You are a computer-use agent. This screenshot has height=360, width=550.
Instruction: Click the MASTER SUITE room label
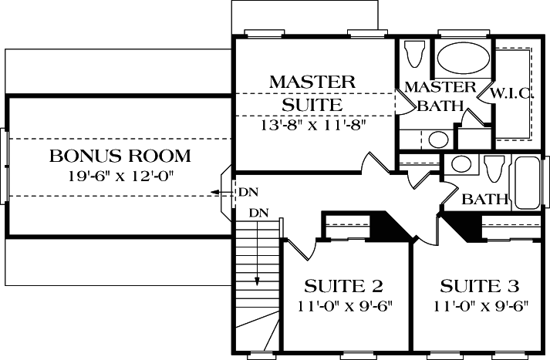coord(312,92)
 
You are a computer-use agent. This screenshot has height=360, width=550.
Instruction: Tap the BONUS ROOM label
coord(120,156)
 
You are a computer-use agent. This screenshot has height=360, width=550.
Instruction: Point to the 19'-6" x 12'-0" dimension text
coord(120,176)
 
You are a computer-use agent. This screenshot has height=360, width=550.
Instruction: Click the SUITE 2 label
coord(344,287)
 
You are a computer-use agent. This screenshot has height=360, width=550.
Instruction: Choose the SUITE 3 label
coord(475,287)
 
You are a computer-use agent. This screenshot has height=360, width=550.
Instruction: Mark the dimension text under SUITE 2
coord(344,304)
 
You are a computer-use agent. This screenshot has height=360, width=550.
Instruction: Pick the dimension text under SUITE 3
coord(475,304)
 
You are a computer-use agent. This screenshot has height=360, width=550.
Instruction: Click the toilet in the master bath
coord(414,55)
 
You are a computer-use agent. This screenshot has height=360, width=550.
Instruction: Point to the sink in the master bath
coord(438,140)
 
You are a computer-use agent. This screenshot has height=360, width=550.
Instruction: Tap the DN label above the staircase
coord(258,212)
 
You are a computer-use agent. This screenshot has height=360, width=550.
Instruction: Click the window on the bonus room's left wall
coord(8,164)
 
